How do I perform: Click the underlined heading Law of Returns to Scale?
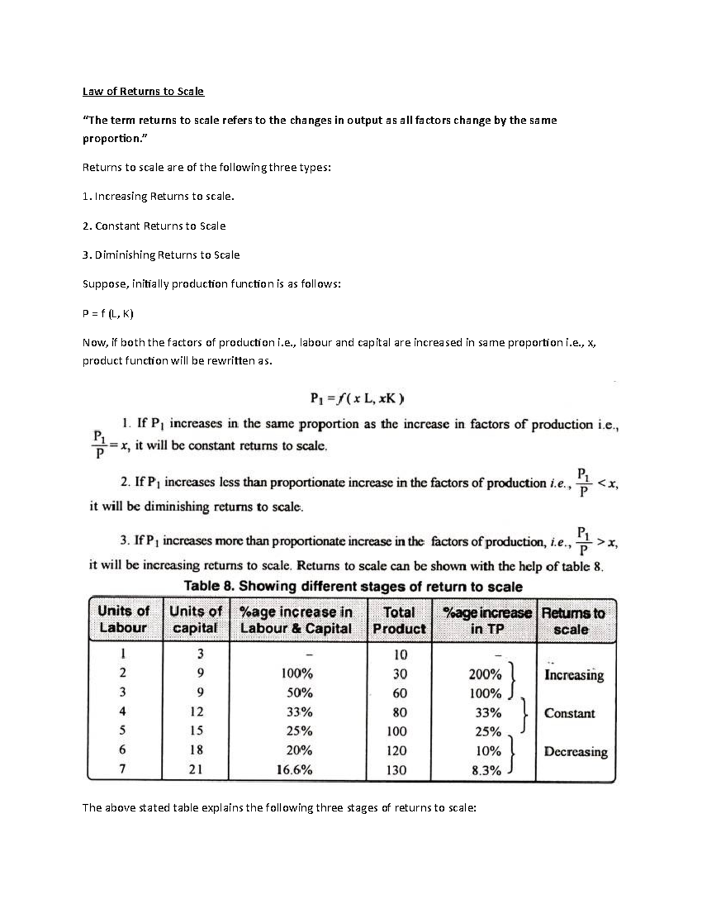[x=143, y=91]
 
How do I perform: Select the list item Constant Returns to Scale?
[x=154, y=226]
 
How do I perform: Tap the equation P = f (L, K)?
[x=108, y=314]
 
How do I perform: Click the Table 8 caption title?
[x=353, y=586]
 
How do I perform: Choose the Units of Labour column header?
[x=123, y=619]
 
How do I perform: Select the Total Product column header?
[x=398, y=620]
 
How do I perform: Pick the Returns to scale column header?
[x=572, y=621]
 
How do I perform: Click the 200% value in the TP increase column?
[x=485, y=674]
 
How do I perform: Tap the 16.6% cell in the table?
[x=294, y=770]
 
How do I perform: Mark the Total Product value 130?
[x=396, y=770]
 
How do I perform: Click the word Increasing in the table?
[x=574, y=675]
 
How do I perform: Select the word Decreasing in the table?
[x=576, y=752]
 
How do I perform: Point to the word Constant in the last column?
[x=569, y=714]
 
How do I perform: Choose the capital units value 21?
[x=196, y=770]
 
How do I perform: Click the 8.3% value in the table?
[x=486, y=770]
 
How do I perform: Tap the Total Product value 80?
[x=400, y=713]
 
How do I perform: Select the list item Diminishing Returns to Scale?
[x=161, y=255]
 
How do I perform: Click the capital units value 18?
[x=196, y=750]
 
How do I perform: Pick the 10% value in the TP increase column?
[x=488, y=751]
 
